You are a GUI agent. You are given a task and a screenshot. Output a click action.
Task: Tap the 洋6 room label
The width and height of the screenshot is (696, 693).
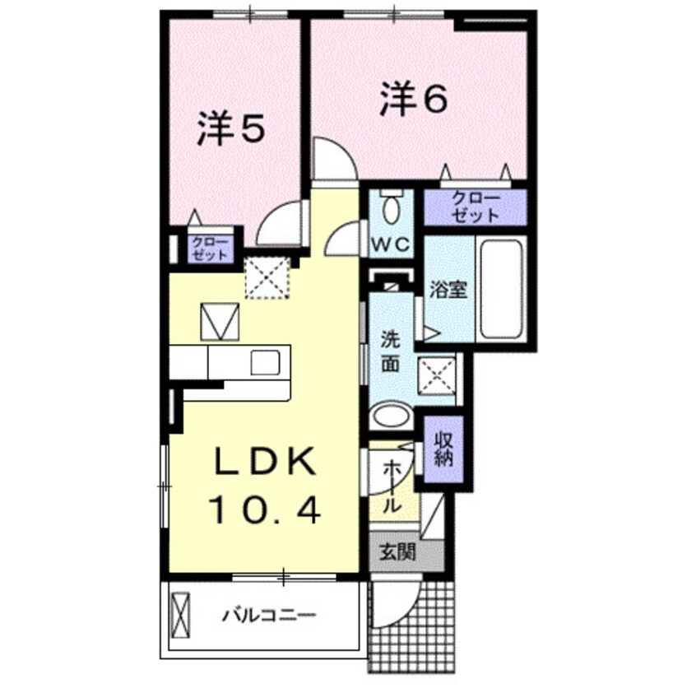pos(414,100)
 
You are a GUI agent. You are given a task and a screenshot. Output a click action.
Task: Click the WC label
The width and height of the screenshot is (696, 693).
pos(393,244)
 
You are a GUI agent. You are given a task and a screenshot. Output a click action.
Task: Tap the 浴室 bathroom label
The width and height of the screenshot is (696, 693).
pos(449,290)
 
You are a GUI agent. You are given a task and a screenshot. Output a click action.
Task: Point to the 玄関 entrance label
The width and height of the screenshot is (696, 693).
pos(397,552)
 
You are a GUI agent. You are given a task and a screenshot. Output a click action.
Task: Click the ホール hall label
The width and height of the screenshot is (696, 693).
pos(393,485)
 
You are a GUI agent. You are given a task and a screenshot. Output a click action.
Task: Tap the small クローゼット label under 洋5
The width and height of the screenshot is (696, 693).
pos(209,249)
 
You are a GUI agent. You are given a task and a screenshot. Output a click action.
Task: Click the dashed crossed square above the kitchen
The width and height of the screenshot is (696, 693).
pos(267,277)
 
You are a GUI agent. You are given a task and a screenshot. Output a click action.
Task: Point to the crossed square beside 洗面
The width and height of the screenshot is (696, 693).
pos(437,377)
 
